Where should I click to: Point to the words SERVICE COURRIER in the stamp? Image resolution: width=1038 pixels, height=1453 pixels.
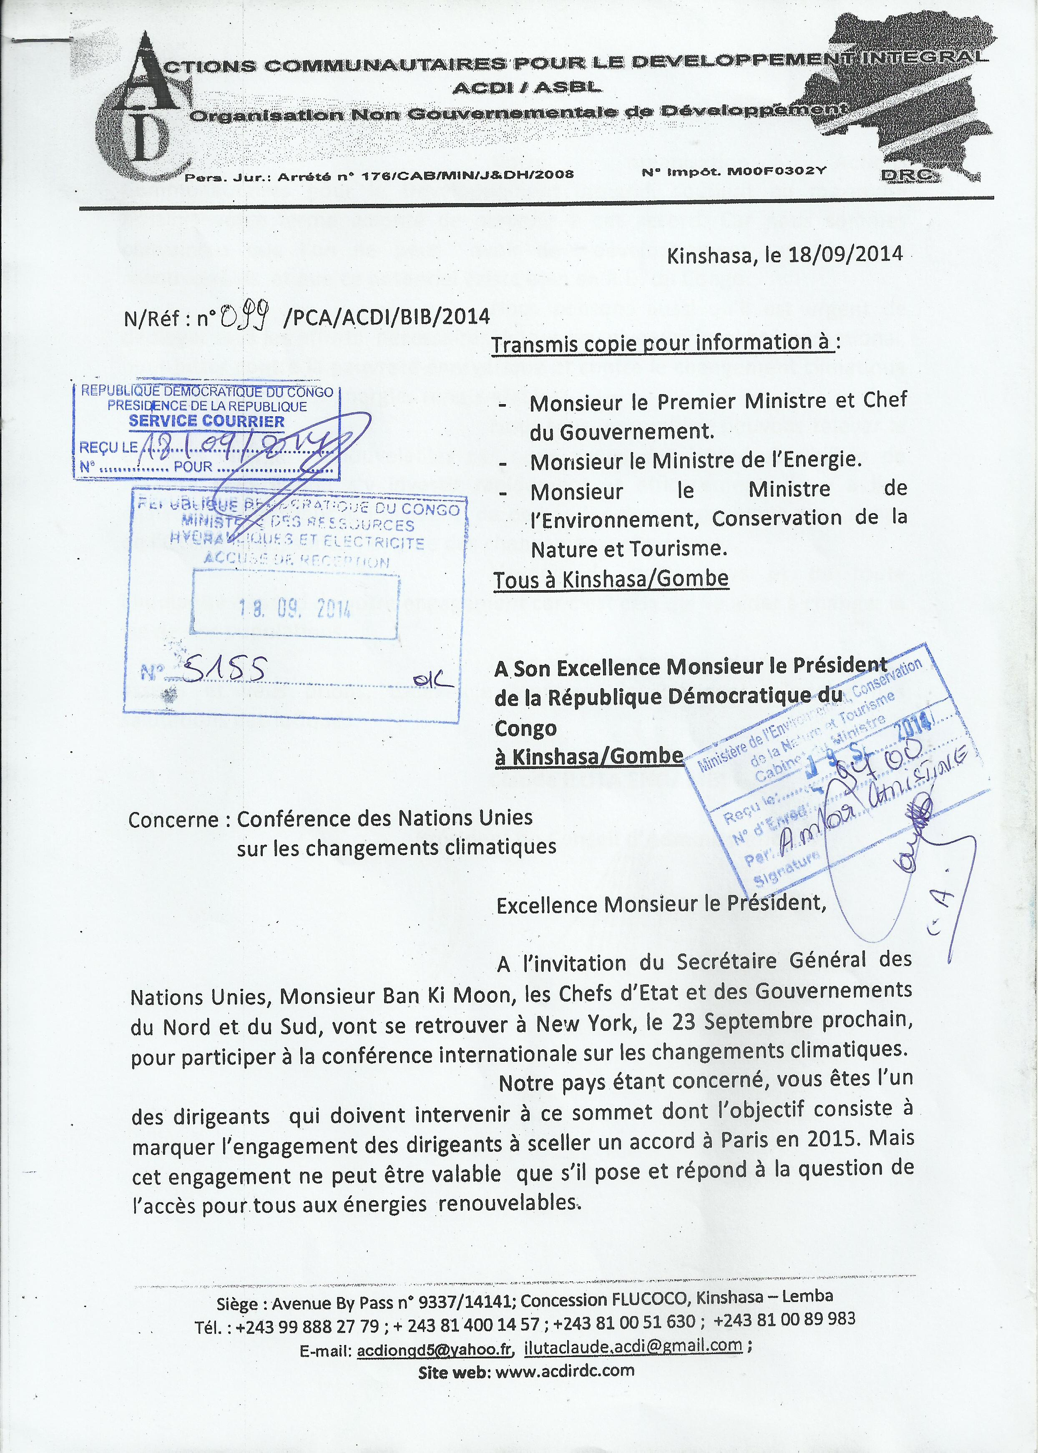[x=206, y=421]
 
